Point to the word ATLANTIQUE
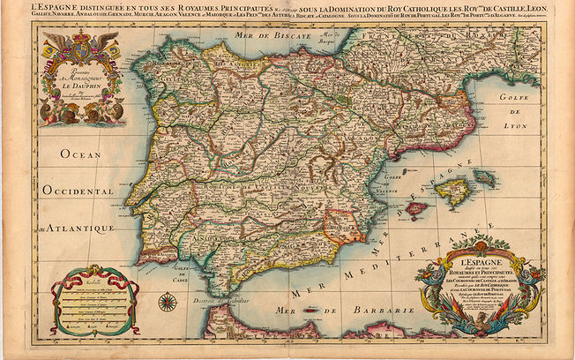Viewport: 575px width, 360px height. [x=84, y=229]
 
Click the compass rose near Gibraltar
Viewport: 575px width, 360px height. [x=167, y=303]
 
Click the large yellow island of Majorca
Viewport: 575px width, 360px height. [x=454, y=191]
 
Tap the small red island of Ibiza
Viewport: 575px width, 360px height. [x=416, y=209]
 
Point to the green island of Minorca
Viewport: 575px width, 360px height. [x=484, y=176]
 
